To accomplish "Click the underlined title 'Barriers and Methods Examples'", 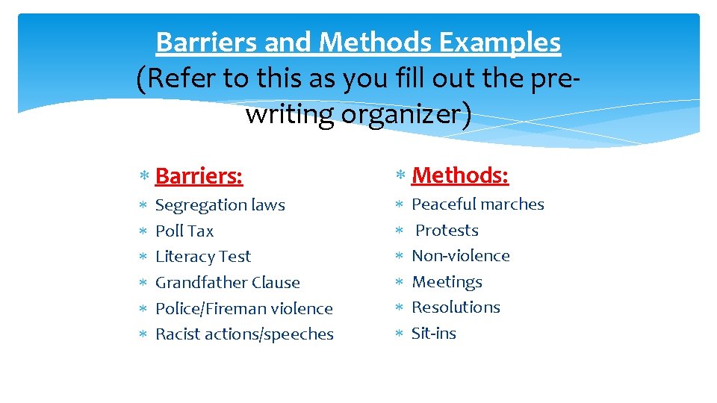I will point(358,43).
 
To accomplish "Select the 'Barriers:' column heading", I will point(199,176).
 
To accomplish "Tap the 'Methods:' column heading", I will point(460,175).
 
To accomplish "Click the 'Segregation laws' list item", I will point(220,205).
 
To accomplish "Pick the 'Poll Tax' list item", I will point(184,231).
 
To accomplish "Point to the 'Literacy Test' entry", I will point(202,257).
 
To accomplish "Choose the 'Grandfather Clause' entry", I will point(227,283).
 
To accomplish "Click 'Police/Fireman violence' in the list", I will point(243,309).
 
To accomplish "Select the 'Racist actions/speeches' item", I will point(244,334).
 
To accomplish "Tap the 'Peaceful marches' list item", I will point(478,204).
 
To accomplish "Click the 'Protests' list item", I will point(447,231).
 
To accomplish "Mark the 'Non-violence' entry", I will point(461,256).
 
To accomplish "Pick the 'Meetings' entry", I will point(447,282).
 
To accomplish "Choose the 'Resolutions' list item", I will point(456,307).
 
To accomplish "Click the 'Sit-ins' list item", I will point(433,334).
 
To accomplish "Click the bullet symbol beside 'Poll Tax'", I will point(143,232).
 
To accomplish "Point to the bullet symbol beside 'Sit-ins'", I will point(400,334).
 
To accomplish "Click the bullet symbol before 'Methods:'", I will point(400,176).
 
